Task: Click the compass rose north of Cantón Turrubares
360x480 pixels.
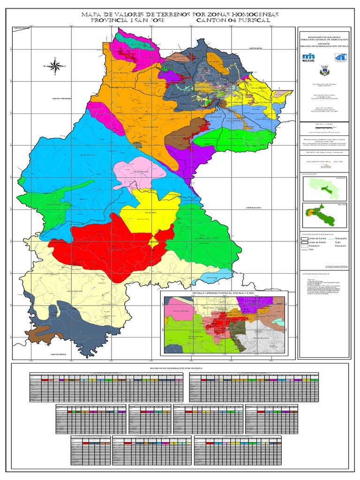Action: click(x=54, y=66)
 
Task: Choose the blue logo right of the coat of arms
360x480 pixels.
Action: click(x=339, y=57)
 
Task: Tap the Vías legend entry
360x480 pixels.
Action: click(x=309, y=249)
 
